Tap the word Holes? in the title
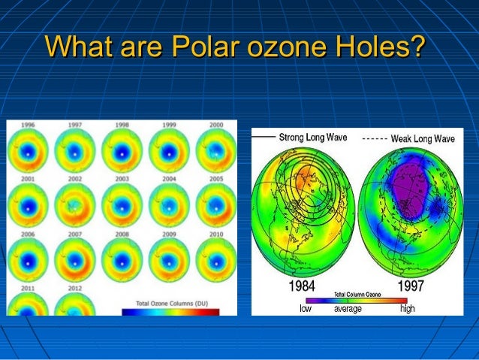coord(381,48)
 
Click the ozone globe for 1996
coord(29,152)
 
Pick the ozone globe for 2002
coord(75,205)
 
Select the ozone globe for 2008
coord(122,259)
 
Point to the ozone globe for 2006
coord(29,259)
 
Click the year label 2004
coord(168,179)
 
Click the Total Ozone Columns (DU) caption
coord(171,304)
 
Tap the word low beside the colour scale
coord(306,308)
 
